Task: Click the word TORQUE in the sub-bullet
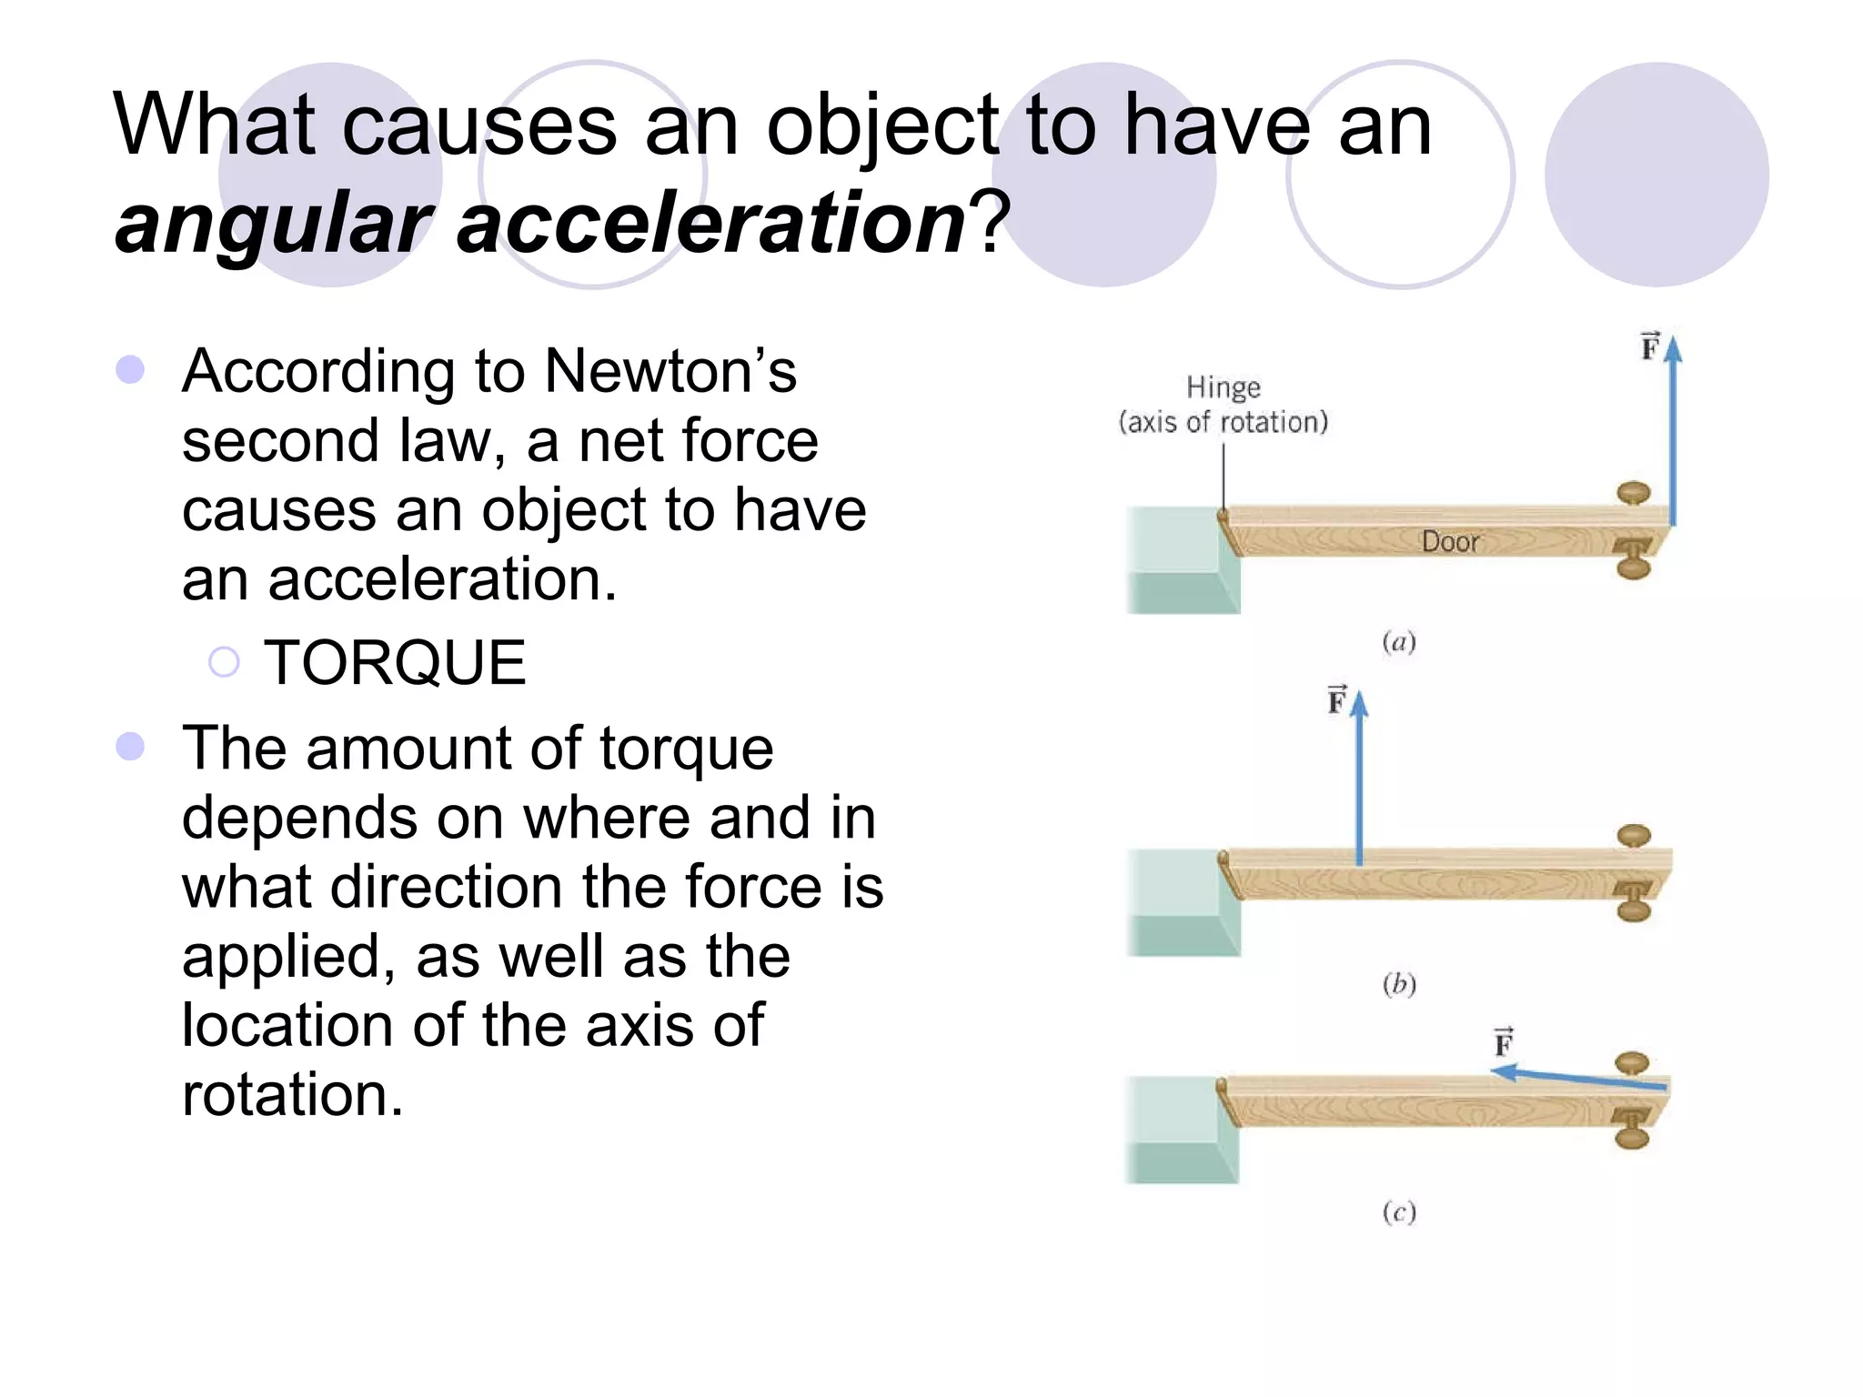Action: (x=395, y=662)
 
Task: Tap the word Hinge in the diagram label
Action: (x=1224, y=387)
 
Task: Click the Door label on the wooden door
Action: (x=1450, y=542)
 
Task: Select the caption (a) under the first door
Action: (x=1399, y=642)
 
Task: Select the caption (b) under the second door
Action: (x=1399, y=984)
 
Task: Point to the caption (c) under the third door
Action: (x=1399, y=1211)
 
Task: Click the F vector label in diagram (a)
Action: (x=1650, y=347)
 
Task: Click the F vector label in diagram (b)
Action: (x=1336, y=700)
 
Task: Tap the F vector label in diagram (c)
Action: (x=1504, y=1041)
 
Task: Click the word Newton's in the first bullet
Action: (x=670, y=371)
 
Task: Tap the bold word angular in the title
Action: (x=273, y=223)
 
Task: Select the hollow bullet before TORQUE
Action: (x=224, y=662)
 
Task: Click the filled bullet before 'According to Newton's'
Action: (x=131, y=369)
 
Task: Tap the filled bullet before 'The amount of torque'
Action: (x=131, y=747)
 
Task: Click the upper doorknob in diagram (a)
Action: (x=1634, y=494)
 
